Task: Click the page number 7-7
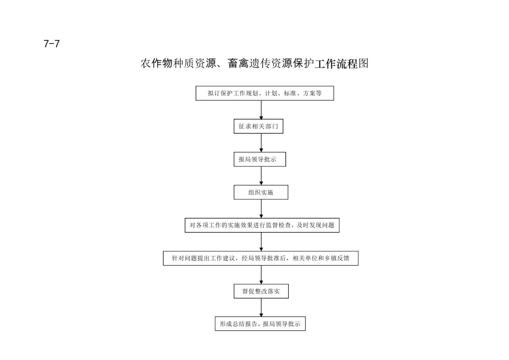(x=52, y=44)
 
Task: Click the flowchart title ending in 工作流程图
(x=254, y=63)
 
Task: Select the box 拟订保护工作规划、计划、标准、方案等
(x=265, y=93)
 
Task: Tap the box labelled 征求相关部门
(x=258, y=126)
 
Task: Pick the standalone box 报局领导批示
(x=260, y=159)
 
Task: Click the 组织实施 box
(x=261, y=192)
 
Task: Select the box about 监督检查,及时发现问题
(x=262, y=225)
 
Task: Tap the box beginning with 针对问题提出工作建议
(x=261, y=258)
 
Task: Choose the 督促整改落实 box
(x=261, y=291)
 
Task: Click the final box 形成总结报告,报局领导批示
(x=260, y=323)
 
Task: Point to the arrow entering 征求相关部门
(x=261, y=110)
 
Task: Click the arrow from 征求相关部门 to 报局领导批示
(x=261, y=143)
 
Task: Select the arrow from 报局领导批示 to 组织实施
(x=261, y=176)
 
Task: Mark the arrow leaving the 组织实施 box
(x=261, y=209)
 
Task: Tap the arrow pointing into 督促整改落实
(x=261, y=275)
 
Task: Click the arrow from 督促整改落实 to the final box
(x=261, y=307)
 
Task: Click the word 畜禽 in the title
(x=238, y=63)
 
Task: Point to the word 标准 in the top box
(x=290, y=94)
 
